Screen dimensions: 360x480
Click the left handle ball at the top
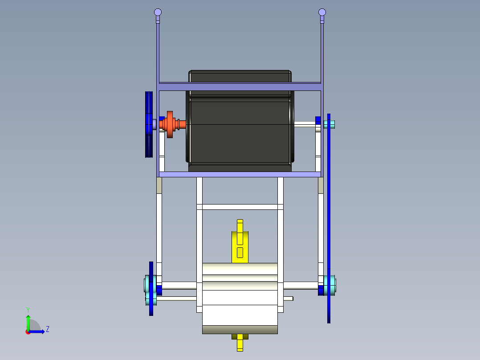[x=158, y=12]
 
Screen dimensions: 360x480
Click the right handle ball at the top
[x=322, y=12]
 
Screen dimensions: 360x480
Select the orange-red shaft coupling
[x=170, y=124]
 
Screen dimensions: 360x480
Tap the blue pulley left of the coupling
[x=149, y=124]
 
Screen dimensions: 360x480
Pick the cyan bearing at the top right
[x=330, y=124]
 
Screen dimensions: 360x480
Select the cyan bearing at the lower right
[x=330, y=285]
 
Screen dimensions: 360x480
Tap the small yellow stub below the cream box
[x=240, y=343]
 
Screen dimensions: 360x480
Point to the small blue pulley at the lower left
[x=151, y=289]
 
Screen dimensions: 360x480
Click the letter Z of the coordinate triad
[x=48, y=329]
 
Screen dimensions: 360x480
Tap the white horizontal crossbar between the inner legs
[x=240, y=207]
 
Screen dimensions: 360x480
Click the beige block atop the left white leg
[x=159, y=185]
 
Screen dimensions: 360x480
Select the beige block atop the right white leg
[x=321, y=185]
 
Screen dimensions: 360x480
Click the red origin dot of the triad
[x=28, y=331]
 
